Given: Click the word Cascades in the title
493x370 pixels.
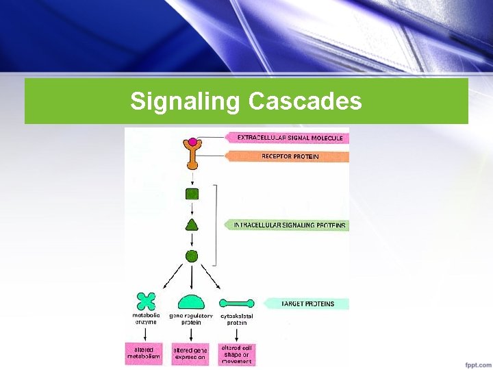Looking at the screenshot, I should [x=305, y=101].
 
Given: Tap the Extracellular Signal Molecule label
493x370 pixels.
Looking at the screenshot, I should [x=290, y=138].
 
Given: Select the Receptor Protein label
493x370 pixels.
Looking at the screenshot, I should [x=290, y=156].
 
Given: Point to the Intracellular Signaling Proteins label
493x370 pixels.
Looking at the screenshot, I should [x=289, y=225].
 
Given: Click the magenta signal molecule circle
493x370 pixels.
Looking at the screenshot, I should [x=192, y=142].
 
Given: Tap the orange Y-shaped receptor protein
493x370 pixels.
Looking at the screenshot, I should [x=192, y=157].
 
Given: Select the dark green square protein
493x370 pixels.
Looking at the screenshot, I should [x=192, y=194].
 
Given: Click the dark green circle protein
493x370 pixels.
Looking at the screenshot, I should [x=192, y=256].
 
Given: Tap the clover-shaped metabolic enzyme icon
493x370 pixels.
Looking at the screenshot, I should [x=146, y=301].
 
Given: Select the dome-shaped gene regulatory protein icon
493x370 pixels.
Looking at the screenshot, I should [x=191, y=301].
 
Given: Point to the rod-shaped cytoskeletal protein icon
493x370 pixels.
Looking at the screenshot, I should [x=236, y=302].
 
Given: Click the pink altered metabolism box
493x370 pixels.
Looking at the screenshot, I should [x=144, y=353].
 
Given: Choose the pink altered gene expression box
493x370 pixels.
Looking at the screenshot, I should [x=190, y=353].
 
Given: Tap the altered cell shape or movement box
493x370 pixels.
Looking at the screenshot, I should [x=236, y=354].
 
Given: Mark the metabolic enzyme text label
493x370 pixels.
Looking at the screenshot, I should [x=146, y=319].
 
